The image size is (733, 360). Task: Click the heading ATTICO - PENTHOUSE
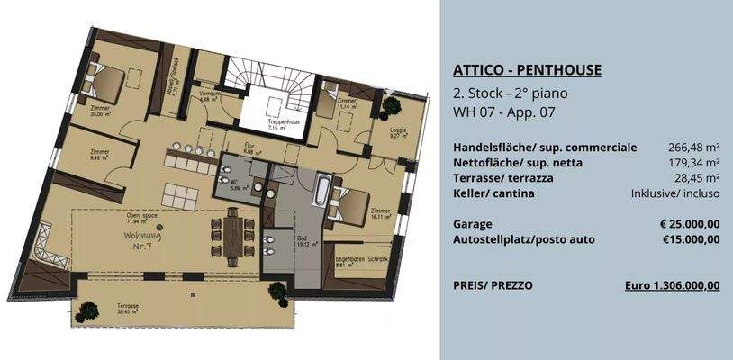tap(527, 70)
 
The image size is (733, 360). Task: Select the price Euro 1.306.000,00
tap(672, 284)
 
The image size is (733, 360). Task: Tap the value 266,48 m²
tap(692, 147)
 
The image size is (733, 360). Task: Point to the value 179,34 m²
tap(692, 162)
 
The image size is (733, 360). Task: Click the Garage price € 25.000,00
tap(689, 222)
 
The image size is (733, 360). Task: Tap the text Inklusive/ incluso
tap(674, 193)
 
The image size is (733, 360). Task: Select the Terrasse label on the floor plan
tap(128, 306)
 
